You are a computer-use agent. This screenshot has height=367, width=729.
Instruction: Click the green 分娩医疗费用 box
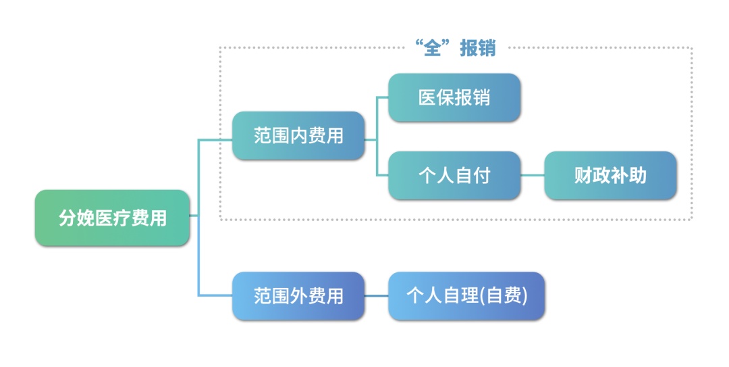(x=112, y=218)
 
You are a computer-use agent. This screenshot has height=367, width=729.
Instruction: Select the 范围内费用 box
(x=298, y=136)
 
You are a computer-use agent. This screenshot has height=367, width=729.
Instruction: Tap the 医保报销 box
(x=454, y=98)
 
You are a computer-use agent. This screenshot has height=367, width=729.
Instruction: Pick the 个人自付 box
(x=454, y=176)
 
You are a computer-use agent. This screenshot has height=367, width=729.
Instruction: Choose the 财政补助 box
(x=610, y=176)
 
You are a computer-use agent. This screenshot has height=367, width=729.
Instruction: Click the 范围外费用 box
(x=298, y=296)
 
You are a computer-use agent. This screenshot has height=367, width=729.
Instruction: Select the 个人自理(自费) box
(x=466, y=296)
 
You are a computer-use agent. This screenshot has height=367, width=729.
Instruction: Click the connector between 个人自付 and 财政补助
(x=533, y=176)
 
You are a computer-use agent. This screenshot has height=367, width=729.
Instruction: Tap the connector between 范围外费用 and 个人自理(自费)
(x=376, y=296)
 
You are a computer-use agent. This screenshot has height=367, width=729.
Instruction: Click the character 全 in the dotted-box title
(x=432, y=49)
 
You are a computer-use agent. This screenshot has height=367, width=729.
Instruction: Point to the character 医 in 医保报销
(x=427, y=98)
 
